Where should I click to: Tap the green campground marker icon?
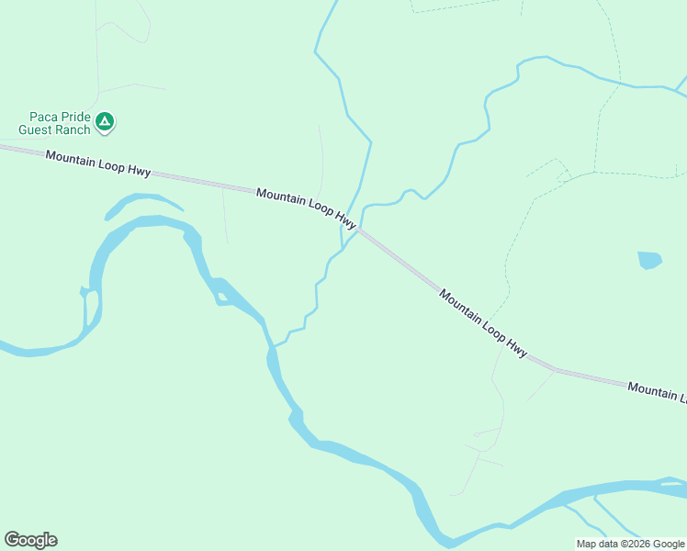coord(106,121)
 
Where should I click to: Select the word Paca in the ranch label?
coord(43,117)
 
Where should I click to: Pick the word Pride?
coord(75,117)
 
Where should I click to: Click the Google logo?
coord(30,540)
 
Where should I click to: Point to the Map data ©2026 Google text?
coord(630,544)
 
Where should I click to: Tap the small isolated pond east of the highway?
coord(649,260)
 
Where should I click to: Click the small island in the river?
coord(221,296)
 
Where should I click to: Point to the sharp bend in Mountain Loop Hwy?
coord(554,369)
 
